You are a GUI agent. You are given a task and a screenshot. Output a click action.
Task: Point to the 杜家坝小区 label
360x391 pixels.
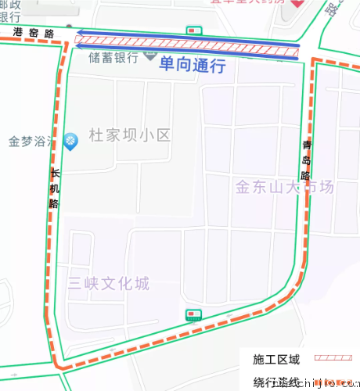130,136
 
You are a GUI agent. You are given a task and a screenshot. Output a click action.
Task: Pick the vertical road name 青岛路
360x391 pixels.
306,160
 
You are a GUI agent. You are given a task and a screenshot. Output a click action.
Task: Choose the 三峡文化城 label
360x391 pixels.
108,283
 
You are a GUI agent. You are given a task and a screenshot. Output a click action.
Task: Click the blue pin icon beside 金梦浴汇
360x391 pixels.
70,140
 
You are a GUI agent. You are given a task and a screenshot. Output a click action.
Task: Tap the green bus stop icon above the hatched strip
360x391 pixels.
193,30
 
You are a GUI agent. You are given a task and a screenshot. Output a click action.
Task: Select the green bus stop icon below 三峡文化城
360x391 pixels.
193,314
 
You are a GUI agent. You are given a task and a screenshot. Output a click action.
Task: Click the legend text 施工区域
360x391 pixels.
276,361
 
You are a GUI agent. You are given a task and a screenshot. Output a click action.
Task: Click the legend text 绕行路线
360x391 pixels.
276,382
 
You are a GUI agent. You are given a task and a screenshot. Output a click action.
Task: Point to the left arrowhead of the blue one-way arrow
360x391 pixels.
77,45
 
